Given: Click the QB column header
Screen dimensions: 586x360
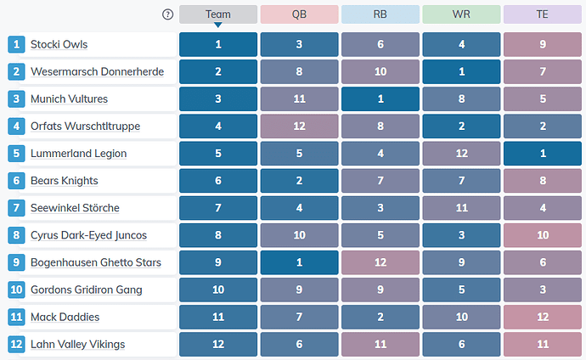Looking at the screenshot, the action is point(299,14).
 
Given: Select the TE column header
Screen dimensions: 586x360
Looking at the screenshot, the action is point(543,14).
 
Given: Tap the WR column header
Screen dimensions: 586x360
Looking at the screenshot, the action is point(461,14).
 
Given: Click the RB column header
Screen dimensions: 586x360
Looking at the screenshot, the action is point(380,14).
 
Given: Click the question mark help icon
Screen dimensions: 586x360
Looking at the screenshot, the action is point(168,14).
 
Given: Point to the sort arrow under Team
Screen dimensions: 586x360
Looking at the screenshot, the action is point(218,25).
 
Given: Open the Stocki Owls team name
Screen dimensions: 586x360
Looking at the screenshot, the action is point(59,44).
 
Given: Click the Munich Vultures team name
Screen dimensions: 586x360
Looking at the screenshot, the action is point(69,99).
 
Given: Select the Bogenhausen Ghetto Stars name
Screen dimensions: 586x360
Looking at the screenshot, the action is point(96,262).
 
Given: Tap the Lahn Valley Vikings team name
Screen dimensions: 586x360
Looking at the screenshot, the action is point(78,345).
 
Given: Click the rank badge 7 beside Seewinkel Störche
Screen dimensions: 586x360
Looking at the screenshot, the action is point(16,208).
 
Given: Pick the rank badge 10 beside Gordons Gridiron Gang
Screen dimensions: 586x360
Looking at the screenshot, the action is point(16,290).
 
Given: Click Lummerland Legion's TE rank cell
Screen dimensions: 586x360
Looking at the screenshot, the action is point(543,154).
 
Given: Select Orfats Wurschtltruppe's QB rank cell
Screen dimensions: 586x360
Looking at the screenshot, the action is point(299,127).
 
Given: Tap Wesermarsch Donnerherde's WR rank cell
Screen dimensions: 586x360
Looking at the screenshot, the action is point(461,71).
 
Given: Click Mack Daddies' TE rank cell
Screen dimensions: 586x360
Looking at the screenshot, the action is point(543,317).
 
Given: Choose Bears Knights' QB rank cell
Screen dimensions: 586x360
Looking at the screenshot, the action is point(299,181).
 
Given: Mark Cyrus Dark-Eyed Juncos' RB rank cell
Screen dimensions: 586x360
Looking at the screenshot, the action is point(380,235).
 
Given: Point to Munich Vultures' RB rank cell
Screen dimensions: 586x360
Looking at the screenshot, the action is point(380,99).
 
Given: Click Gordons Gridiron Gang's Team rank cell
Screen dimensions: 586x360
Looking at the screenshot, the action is point(218,290).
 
